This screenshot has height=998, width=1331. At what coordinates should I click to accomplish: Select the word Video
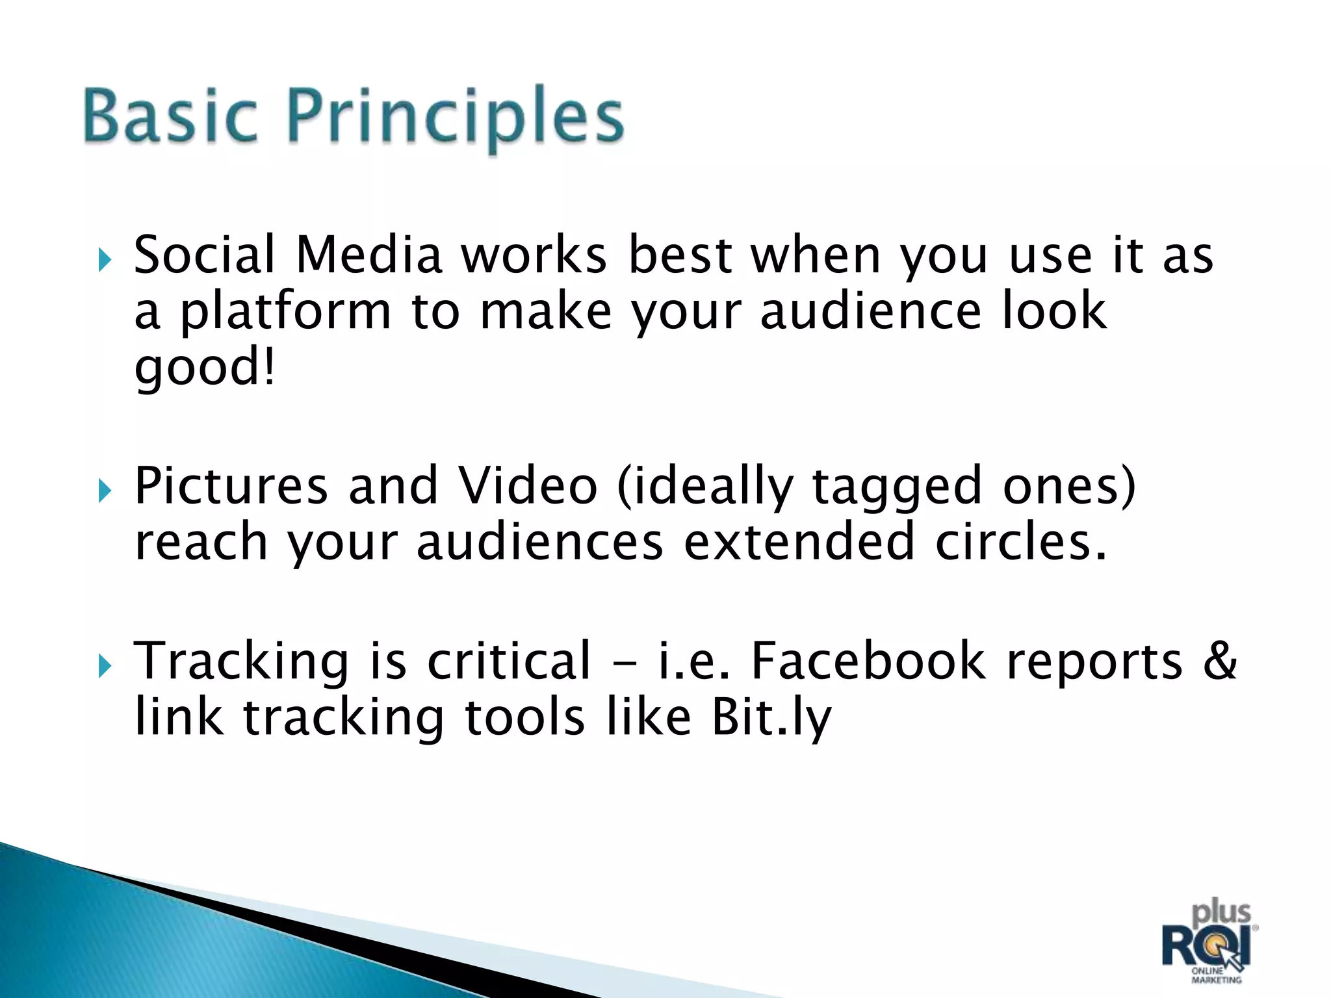click(527, 486)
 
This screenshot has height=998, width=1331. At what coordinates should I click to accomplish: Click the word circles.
click(1020, 542)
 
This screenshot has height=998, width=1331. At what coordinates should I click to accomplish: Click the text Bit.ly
click(771, 718)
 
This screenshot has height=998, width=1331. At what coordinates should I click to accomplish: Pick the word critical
click(509, 661)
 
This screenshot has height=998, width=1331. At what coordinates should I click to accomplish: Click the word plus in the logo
click(1221, 913)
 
